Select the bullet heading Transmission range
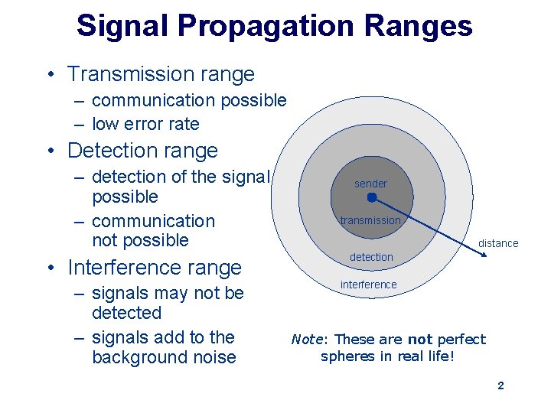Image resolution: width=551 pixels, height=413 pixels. click(161, 74)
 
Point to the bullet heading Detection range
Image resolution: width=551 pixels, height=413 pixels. click(142, 151)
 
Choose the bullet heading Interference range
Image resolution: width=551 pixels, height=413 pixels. click(154, 268)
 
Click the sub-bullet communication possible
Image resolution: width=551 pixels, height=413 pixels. click(189, 100)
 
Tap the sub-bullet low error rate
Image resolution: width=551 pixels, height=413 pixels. click(145, 124)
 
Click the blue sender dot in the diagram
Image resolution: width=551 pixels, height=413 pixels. click(371, 197)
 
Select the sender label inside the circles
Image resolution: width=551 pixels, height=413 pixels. click(370, 184)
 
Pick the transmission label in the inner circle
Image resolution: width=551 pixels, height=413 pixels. click(370, 220)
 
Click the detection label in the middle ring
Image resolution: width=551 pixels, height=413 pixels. click(371, 257)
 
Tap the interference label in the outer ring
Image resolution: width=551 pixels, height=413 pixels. click(369, 285)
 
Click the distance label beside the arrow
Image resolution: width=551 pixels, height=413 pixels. click(498, 243)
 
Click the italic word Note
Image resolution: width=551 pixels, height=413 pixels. click(308, 340)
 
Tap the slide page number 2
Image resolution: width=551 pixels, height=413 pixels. click(500, 385)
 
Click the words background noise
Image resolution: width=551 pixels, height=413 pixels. click(164, 357)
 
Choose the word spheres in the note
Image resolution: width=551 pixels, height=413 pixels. click(348, 356)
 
